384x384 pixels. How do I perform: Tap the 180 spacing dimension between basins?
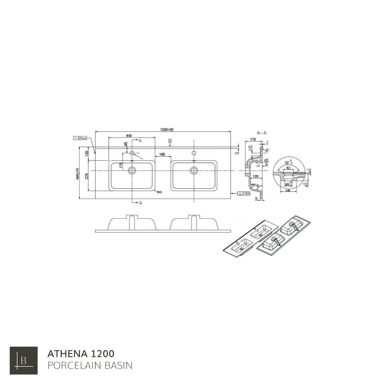[x=162, y=154]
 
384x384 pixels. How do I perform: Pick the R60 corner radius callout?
[x=159, y=192]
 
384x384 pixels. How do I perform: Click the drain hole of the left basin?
[x=132, y=170]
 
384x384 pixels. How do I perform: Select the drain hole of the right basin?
[x=194, y=170]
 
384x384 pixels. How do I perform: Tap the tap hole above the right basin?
[x=194, y=153]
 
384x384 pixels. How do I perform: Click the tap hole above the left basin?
[x=132, y=153]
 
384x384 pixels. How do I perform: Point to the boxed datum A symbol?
[x=170, y=141]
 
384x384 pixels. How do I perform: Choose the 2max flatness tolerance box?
[x=80, y=138]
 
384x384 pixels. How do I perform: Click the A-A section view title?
[x=261, y=133]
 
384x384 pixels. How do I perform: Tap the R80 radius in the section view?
[x=253, y=185]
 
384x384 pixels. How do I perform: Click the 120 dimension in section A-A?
[x=255, y=176]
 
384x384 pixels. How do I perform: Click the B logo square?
[x=23, y=361]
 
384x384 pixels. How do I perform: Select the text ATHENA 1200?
[x=81, y=354]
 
